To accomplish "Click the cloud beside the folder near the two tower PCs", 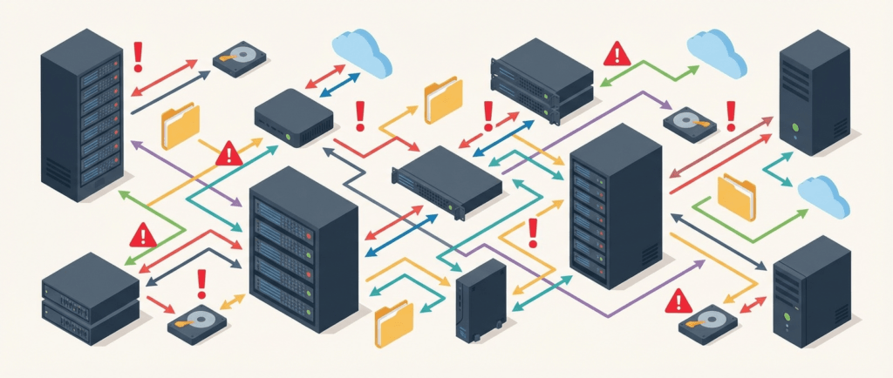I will pyautogui.click(x=823, y=195).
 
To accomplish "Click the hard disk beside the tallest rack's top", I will pyautogui.click(x=240, y=59).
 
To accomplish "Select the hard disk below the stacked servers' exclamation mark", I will pyautogui.click(x=197, y=323).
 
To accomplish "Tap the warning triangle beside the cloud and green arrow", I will pyautogui.click(x=617, y=54).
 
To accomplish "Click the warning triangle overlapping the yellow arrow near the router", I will pyautogui.click(x=229, y=154).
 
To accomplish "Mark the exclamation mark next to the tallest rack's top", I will pyautogui.click(x=137, y=57).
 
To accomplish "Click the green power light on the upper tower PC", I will pyautogui.click(x=794, y=126).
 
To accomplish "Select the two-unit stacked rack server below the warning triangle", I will pyautogui.click(x=90, y=298).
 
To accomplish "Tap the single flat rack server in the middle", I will pyautogui.click(x=446, y=180).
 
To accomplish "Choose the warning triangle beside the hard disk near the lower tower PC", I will pyautogui.click(x=678, y=302).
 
